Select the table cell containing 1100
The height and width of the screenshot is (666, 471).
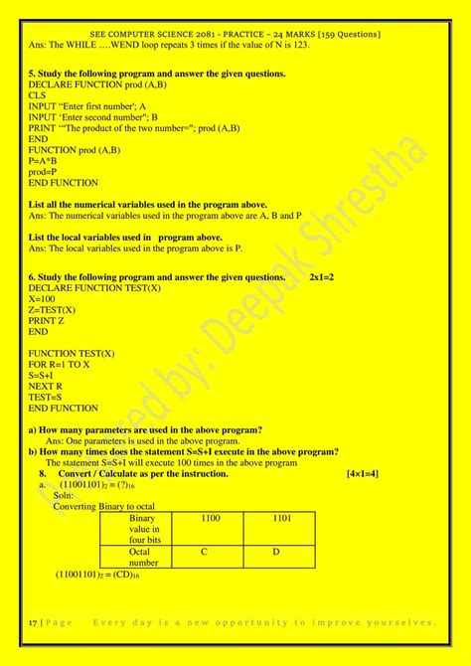(211, 519)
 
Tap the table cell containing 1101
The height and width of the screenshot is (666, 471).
(281, 519)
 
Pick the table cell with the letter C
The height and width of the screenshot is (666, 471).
(204, 552)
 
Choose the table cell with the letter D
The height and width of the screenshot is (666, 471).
(277, 552)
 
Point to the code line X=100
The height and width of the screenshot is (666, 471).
(42, 298)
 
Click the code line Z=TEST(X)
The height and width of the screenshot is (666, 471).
(52, 309)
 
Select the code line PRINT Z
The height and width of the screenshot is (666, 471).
(48, 320)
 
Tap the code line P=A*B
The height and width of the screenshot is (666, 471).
(43, 161)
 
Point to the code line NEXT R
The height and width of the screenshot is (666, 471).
(46, 386)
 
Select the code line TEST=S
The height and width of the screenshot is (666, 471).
(46, 397)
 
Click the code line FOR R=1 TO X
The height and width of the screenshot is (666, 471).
(60, 364)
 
